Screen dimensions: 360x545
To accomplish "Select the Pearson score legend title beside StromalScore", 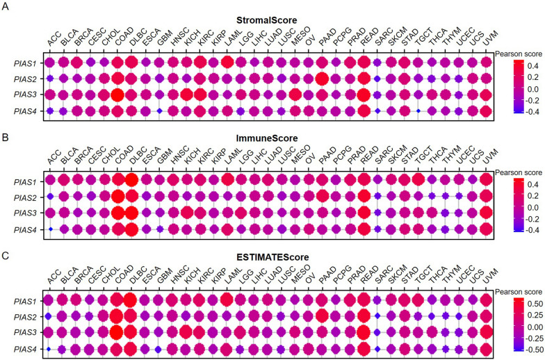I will point(518,54).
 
